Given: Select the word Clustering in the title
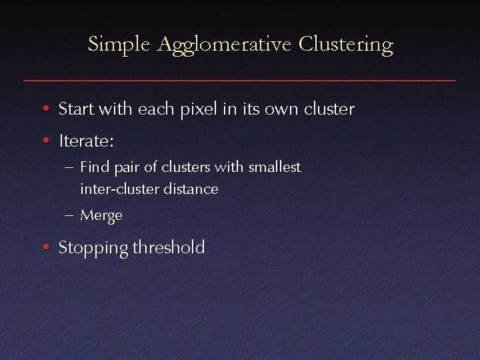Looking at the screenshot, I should (x=346, y=45).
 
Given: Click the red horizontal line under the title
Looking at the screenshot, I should (x=240, y=80).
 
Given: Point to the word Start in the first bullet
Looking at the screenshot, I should (x=75, y=109).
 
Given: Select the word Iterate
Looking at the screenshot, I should (x=87, y=141).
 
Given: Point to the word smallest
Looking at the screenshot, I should (x=275, y=167).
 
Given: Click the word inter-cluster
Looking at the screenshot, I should (x=117, y=189).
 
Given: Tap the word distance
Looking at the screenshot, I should (x=189, y=189).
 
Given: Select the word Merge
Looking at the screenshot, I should (x=101, y=216).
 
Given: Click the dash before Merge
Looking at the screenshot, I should (x=71, y=215).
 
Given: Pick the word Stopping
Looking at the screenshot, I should (x=93, y=249).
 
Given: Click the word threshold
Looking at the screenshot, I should (x=169, y=248).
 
